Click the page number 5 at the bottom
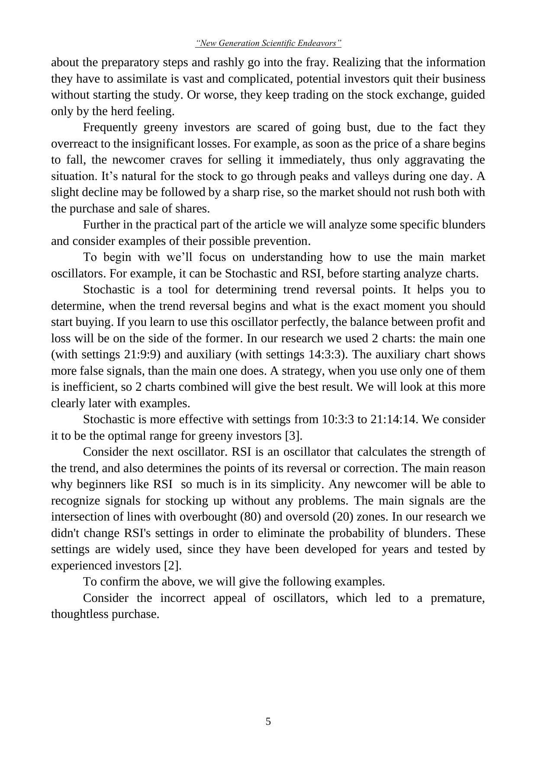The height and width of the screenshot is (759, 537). (268, 721)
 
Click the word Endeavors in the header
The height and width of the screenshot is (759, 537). (320, 43)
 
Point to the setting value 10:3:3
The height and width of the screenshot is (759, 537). (338, 420)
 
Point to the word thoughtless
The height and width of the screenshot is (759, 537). (80, 614)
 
